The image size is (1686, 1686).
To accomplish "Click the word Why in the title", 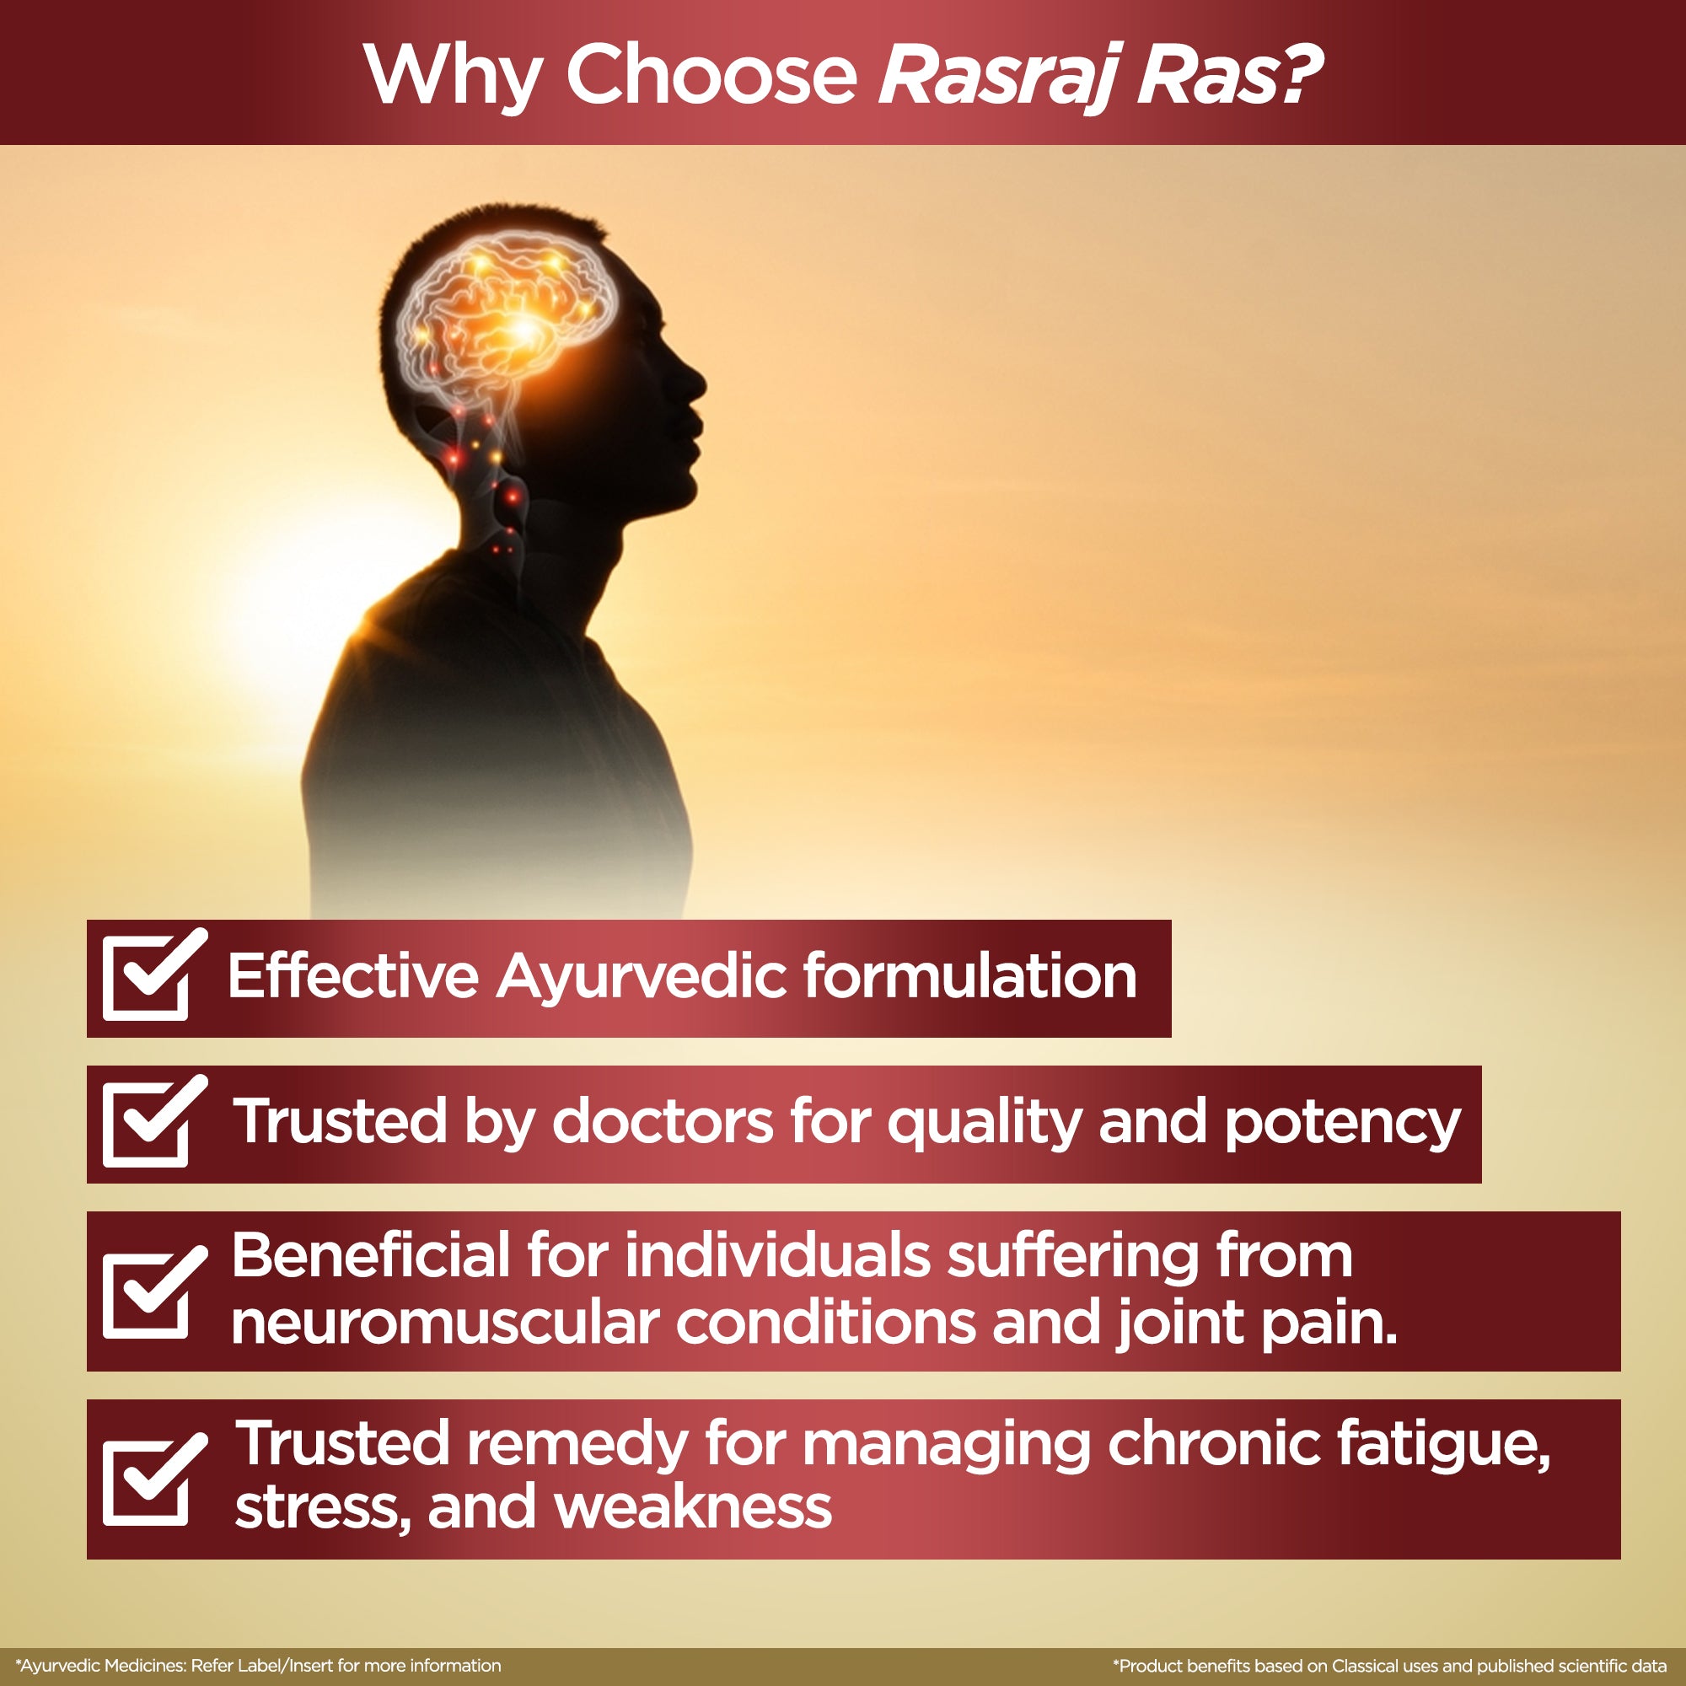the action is [x=453, y=76].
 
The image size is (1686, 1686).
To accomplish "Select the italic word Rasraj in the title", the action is [x=996, y=77].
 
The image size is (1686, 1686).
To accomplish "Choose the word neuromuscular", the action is [x=445, y=1323].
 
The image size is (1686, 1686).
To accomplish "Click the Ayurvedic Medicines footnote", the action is [x=258, y=1665].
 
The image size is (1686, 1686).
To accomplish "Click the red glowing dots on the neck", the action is [x=489, y=485].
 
